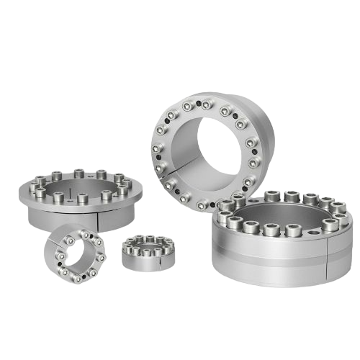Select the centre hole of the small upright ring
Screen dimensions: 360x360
(x=71, y=253)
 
